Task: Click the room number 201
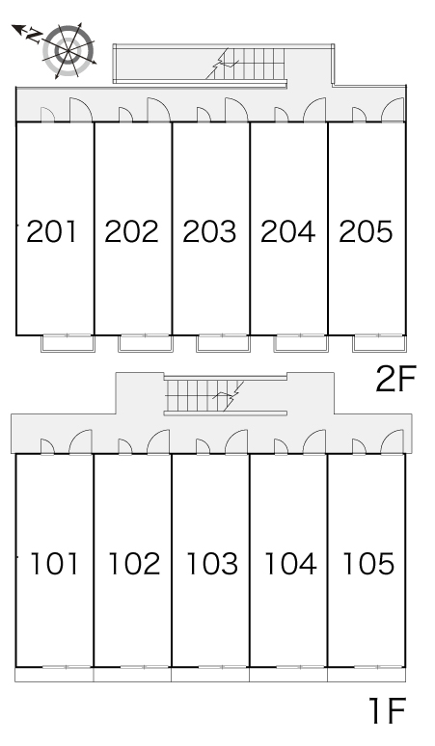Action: [x=51, y=231]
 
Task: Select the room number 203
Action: [x=209, y=231]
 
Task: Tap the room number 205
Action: [x=366, y=231]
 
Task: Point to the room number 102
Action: [x=134, y=564]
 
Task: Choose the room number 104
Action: [x=290, y=564]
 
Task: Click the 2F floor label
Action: [x=396, y=379]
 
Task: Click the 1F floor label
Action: [x=388, y=710]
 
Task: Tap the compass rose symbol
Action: [x=68, y=50]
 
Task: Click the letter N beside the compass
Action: [x=34, y=35]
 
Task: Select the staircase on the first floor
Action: [x=204, y=395]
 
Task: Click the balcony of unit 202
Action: [x=145, y=343]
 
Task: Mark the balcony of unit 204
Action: [x=300, y=343]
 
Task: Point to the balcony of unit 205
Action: [x=379, y=343]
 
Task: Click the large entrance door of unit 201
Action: [x=80, y=110]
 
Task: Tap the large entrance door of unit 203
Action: [x=236, y=110]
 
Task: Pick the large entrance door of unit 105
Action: [x=393, y=442]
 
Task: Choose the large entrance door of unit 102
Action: [x=158, y=442]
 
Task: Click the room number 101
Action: [x=54, y=564]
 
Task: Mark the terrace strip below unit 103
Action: [x=210, y=675]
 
